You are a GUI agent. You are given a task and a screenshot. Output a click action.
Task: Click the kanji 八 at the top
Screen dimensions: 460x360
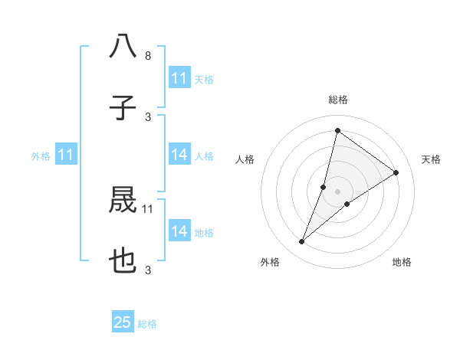click(123, 46)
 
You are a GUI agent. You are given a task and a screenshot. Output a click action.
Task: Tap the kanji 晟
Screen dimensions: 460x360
click(123, 201)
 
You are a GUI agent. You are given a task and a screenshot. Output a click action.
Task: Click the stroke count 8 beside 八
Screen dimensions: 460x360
click(148, 56)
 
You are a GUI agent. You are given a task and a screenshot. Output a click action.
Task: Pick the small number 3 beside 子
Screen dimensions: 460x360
click(148, 116)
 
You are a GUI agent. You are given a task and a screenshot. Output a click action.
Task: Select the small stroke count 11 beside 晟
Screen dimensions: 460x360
click(148, 208)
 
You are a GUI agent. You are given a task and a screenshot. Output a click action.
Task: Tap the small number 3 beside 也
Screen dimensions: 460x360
click(148, 270)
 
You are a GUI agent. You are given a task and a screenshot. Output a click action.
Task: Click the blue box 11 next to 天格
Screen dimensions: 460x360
click(179, 78)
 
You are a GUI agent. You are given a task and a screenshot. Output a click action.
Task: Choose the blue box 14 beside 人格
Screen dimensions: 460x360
click(179, 155)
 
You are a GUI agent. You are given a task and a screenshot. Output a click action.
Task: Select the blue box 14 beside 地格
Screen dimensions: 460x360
click(179, 231)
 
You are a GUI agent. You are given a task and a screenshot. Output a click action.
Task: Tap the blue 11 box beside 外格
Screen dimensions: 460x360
click(66, 155)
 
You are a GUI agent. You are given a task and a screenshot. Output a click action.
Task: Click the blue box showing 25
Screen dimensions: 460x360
click(123, 322)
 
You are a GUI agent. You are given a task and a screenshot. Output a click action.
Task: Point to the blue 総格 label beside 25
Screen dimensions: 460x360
click(147, 324)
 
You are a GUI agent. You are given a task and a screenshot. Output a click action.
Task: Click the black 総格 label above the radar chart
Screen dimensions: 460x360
click(337, 100)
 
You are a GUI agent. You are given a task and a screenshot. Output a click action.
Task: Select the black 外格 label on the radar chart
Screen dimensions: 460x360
click(270, 262)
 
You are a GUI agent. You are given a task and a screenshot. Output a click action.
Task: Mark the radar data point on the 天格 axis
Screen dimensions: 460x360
click(396, 172)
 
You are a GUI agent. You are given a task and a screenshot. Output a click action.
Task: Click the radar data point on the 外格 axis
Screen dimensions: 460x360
click(302, 242)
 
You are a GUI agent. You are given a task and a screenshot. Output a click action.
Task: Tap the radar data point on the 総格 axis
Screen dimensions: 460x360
click(337, 130)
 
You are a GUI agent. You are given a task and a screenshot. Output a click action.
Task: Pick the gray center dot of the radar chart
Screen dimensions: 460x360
click(337, 191)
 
